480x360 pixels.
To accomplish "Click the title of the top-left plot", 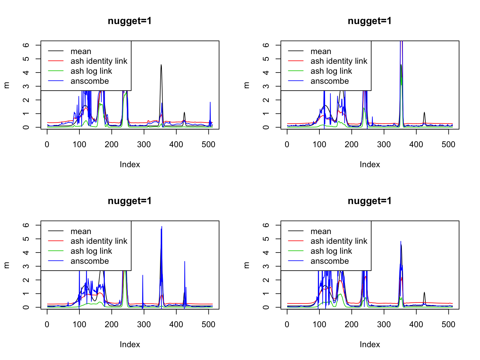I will tap(129, 21).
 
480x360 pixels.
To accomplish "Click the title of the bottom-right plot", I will tap(369, 201).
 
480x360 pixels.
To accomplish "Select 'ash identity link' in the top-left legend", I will tap(99, 61).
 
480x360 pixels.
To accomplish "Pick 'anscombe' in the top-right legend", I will tap(329, 81).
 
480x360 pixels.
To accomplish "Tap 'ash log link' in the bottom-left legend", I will tap(91, 251).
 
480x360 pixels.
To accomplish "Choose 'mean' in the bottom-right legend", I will tap(321, 231).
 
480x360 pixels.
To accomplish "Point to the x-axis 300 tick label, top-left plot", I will tap(144, 144).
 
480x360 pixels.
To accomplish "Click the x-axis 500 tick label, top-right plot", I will tap(448, 144).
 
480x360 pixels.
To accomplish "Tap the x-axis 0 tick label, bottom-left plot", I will tap(47, 324).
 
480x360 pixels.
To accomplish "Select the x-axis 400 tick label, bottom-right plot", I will tap(416, 324).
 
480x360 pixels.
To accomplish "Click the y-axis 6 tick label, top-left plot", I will tap(26, 45).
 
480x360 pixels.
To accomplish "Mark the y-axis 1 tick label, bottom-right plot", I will tap(266, 294).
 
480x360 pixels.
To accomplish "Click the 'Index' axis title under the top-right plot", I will tap(370, 164).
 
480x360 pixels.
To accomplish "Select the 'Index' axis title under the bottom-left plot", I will tap(130, 344).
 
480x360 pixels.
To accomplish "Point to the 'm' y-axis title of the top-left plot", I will tap(6, 85).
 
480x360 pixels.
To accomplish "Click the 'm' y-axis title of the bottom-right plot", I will tap(246, 265).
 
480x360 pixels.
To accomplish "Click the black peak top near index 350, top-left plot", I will tap(161, 65).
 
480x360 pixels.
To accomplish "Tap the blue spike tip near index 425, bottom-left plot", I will tap(185, 262).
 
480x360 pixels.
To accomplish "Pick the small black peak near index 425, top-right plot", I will tap(424, 112).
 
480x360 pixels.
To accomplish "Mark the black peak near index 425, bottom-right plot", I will tap(424, 292).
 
